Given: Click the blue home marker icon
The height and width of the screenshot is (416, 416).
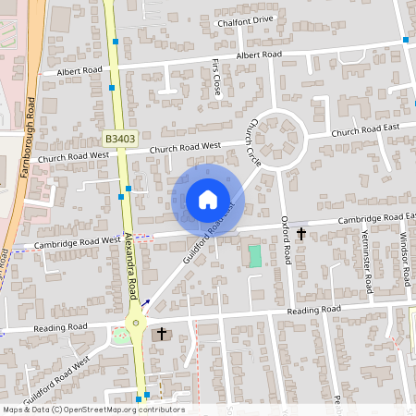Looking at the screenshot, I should (207, 200).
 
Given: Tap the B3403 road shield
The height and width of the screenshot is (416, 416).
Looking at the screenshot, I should (120, 139).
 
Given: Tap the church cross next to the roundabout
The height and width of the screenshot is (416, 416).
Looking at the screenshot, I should (162, 333).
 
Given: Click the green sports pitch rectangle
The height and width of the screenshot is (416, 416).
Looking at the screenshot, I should (254, 255).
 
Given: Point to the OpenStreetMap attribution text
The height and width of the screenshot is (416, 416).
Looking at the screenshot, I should (92, 410).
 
